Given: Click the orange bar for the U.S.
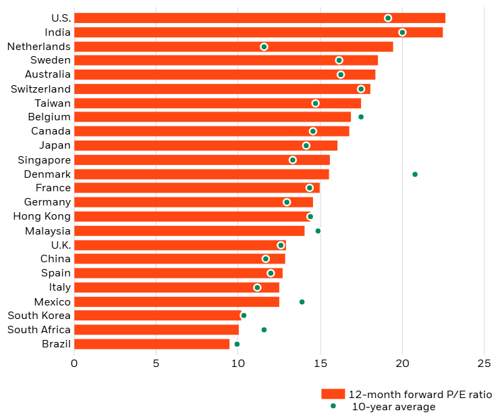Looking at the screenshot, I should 259,18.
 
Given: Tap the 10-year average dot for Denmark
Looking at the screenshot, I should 415,174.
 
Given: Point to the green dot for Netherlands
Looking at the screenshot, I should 264,47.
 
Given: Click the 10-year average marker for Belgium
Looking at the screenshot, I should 361,117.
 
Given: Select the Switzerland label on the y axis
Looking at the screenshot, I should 41,89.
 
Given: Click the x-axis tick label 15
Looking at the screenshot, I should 320,364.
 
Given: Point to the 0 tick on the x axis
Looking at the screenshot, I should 74,364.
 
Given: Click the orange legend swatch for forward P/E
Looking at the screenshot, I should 333,395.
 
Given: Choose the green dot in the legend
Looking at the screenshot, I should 333,406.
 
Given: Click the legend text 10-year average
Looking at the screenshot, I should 393,407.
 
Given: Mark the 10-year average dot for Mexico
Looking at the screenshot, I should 302,302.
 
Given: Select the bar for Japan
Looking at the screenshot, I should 206,145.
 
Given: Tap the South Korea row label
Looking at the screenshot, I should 39,316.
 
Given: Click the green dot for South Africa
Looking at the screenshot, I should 264,330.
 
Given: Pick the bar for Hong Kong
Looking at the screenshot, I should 192,217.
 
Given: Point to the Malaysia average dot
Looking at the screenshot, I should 318,231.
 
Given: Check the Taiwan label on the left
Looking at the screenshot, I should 53,103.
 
